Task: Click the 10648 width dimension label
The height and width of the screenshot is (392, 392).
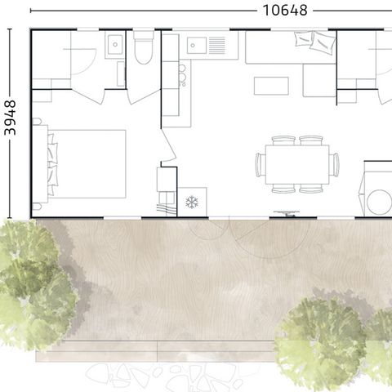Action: [285, 11]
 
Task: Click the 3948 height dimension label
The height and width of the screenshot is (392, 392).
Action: [11, 118]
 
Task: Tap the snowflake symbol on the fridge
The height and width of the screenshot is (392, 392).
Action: [192, 203]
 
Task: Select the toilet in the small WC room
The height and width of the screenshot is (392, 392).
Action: [144, 47]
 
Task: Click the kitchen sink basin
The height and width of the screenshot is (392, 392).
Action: [197, 46]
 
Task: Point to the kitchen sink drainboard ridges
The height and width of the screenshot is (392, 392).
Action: [217, 46]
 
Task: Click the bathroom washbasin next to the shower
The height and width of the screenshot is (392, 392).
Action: [115, 45]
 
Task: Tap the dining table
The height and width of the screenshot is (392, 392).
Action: [297, 164]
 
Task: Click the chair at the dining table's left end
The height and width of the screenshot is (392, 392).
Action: [261, 165]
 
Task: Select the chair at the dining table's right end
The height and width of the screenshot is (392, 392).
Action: [334, 165]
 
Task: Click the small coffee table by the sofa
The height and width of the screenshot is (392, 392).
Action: [271, 86]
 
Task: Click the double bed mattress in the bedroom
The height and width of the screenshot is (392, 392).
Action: [87, 164]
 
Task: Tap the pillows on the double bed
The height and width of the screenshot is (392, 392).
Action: [53, 164]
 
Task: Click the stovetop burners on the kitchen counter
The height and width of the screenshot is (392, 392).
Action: [182, 76]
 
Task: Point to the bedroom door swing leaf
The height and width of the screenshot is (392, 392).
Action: [168, 145]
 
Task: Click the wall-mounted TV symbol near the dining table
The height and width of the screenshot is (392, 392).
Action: [287, 213]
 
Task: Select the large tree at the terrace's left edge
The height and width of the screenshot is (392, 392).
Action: [35, 283]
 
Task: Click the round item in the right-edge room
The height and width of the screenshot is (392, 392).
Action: [380, 202]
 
